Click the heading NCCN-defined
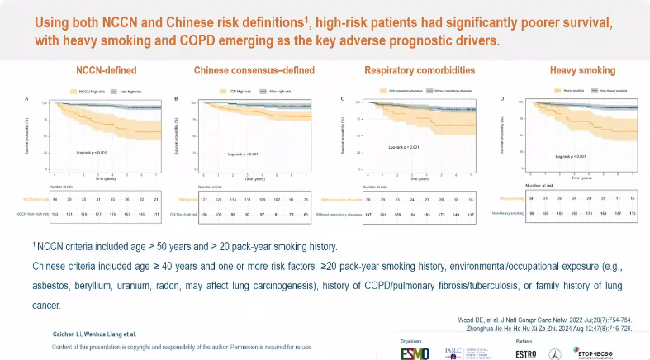point(107,70)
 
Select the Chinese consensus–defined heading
point(254,70)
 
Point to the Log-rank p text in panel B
point(244,154)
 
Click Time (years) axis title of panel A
point(104,178)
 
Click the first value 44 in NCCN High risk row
point(55,199)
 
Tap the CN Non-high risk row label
point(186,214)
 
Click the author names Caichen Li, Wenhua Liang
point(78,333)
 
